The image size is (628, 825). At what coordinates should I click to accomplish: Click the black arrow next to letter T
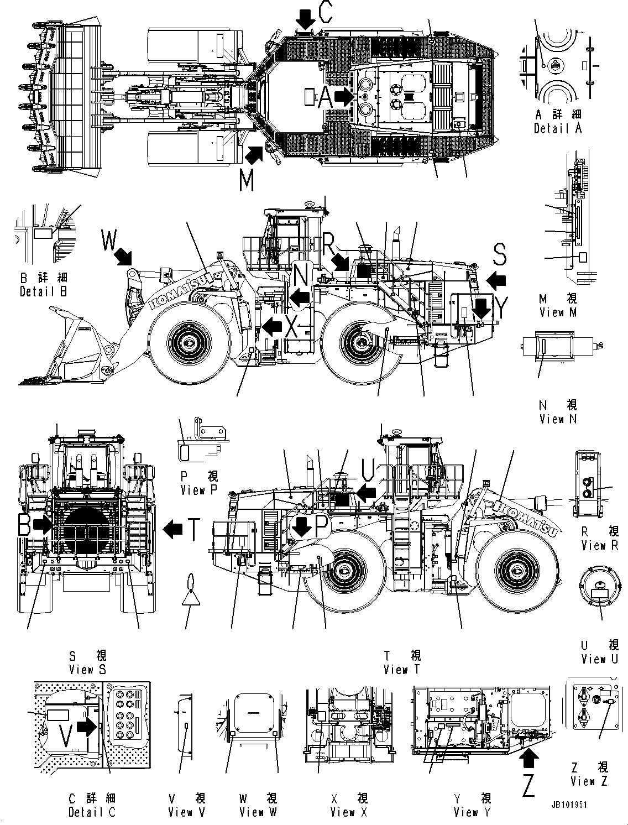tap(173, 530)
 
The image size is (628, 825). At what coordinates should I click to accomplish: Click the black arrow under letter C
tap(305, 22)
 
